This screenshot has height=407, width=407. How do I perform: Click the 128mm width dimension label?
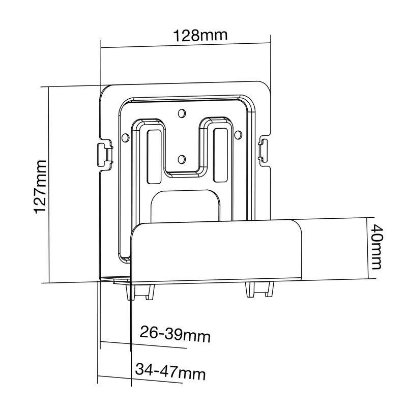tap(200, 36)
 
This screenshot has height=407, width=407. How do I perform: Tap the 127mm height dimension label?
tap(41, 187)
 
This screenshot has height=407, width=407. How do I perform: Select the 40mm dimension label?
tap(376, 247)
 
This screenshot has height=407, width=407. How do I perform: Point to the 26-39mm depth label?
tap(175, 334)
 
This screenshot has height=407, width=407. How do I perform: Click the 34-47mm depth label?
tap(170, 372)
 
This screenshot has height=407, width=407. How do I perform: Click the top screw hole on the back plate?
tap(182, 113)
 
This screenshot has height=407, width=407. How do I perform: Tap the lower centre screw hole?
tap(182, 159)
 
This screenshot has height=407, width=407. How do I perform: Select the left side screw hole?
tap(125, 137)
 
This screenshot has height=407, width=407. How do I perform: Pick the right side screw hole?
tap(238, 134)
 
